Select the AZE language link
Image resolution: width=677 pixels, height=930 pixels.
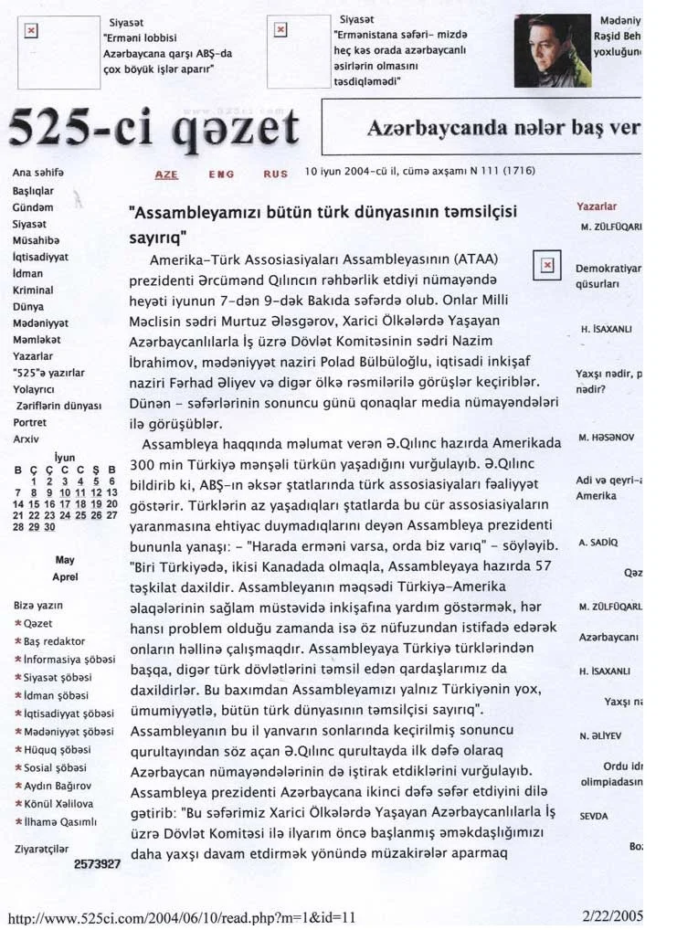point(166,173)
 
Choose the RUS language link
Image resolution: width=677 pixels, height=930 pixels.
point(275,173)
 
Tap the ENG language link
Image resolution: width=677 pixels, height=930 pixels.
point(221,173)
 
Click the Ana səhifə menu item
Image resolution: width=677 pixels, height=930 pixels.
point(37,173)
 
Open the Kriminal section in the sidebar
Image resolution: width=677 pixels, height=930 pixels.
point(33,290)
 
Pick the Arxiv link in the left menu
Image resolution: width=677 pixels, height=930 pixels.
point(26,439)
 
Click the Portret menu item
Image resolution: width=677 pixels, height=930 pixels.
point(29,422)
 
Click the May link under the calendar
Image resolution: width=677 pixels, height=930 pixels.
point(65,560)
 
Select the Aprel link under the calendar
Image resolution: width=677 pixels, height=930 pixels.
point(65,576)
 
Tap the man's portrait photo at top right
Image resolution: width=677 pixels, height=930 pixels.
point(552,50)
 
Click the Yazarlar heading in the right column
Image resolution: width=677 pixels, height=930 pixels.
point(596,206)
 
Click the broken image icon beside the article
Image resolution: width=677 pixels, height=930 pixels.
point(547,265)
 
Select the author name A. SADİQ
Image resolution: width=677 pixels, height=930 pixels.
point(598,542)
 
